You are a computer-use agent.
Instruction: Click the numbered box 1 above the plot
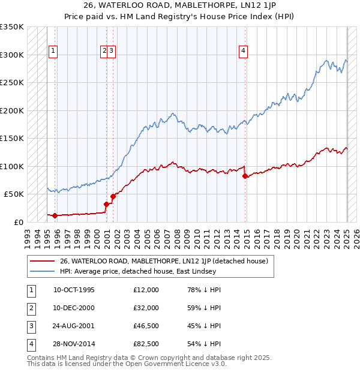coord(53,52)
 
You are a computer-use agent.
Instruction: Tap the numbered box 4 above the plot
coord(244,52)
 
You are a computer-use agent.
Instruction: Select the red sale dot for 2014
coord(245,176)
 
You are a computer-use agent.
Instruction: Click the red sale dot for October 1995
coord(55,215)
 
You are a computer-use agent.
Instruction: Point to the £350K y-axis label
coord(12,27)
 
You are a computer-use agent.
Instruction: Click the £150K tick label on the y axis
coord(12,139)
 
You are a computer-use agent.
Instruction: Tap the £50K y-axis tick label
coord(14,194)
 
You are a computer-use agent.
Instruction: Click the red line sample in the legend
coord(42,261)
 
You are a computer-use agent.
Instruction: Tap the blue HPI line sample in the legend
coord(42,271)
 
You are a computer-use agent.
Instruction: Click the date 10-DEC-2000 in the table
coord(74,308)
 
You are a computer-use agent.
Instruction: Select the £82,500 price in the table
coord(146,344)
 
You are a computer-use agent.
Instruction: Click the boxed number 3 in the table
coord(29,326)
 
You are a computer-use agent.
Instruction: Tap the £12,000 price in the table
coord(146,290)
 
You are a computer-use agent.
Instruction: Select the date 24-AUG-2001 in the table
coord(74,326)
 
